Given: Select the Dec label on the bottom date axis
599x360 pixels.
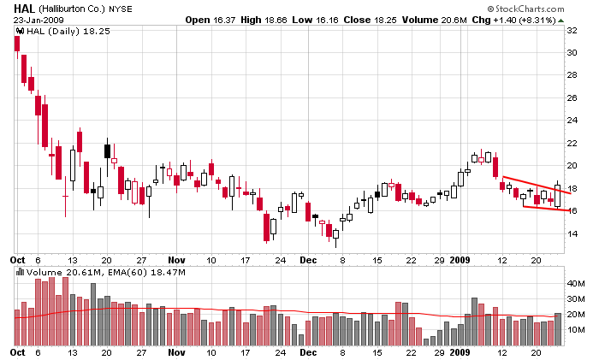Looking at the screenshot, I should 307,352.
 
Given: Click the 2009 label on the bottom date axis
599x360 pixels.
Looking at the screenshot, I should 460,352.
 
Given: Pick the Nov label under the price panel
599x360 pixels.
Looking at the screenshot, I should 176,259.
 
